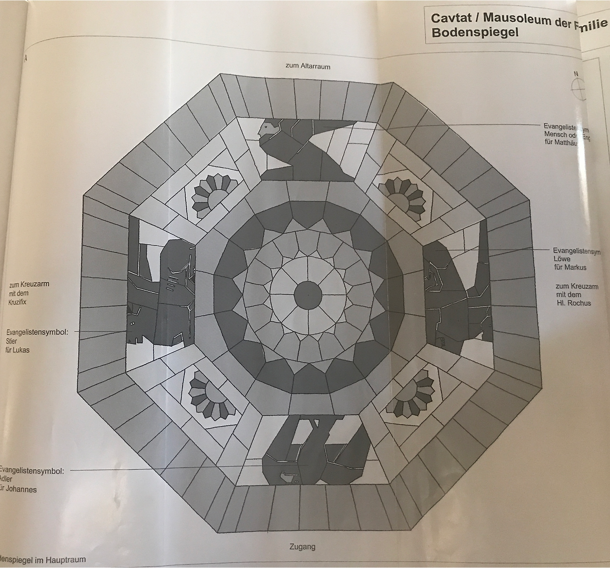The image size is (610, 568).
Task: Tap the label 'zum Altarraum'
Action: point(308,66)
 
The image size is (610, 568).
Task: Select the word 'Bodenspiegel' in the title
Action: point(475,32)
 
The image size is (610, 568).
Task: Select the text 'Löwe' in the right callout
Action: point(561,259)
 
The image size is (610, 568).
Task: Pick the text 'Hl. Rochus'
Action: point(573,303)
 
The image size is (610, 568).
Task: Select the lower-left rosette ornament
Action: point(208,394)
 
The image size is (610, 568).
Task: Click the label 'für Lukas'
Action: point(18,350)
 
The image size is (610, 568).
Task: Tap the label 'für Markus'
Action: point(570,267)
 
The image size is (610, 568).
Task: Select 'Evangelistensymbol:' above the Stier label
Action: point(37,332)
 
